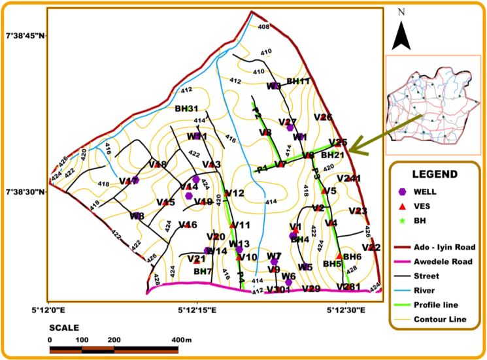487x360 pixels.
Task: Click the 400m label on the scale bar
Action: [180, 340]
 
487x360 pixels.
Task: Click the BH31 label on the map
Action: [186, 108]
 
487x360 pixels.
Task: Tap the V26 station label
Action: [323, 118]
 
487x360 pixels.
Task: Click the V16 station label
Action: [188, 225]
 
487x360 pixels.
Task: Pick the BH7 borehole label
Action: [203, 271]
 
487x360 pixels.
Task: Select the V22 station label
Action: [370, 247]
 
